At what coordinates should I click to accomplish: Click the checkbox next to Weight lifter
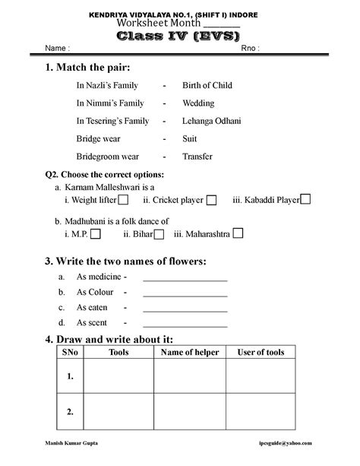(x=123, y=200)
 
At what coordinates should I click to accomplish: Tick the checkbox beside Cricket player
(x=212, y=200)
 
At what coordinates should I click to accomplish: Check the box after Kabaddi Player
(x=305, y=199)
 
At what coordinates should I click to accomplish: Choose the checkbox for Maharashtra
(x=238, y=234)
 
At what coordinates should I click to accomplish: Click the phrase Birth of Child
(x=207, y=85)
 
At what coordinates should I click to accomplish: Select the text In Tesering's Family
(x=112, y=121)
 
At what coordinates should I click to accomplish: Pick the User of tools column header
(x=261, y=353)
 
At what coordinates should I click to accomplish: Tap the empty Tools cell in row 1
(x=118, y=376)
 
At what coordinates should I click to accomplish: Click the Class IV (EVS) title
(x=179, y=35)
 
